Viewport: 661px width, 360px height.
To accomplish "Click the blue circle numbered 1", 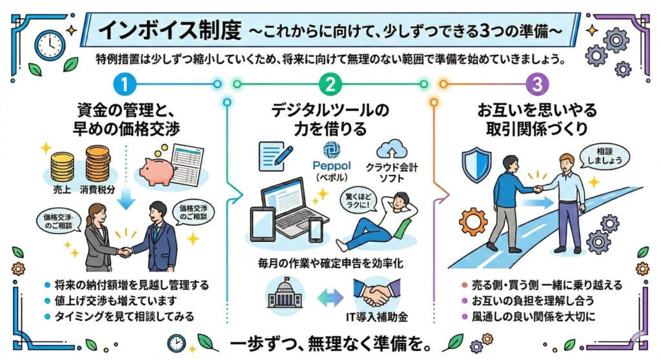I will [x=125, y=85].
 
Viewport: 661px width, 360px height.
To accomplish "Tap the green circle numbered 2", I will [x=330, y=85].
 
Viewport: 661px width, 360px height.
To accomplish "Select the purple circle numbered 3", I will [x=535, y=85].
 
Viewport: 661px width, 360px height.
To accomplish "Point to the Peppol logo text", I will [x=330, y=165].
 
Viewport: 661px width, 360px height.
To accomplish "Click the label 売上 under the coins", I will [x=63, y=192].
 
